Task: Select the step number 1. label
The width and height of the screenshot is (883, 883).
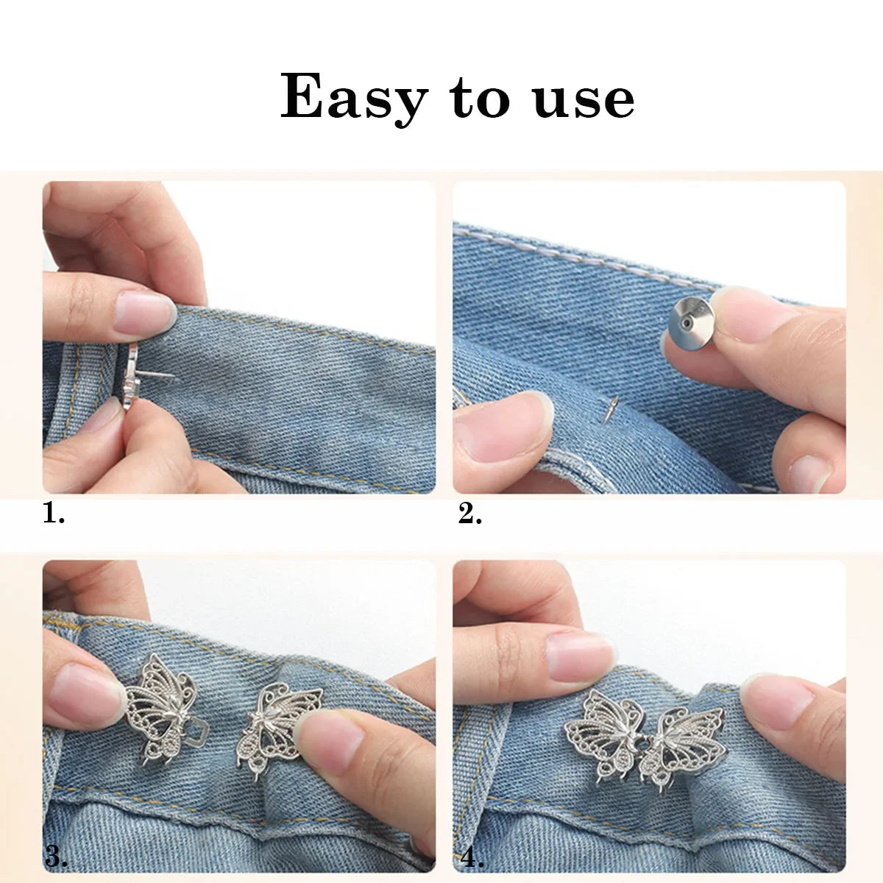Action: (54, 513)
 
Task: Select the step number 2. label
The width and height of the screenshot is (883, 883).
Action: (470, 514)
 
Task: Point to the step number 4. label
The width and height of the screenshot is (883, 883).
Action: (472, 857)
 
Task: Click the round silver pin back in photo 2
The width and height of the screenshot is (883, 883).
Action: (690, 321)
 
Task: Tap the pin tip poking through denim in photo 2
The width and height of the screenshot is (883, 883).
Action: (612, 408)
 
